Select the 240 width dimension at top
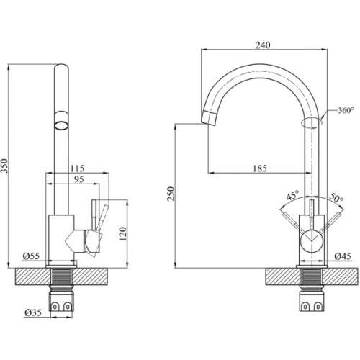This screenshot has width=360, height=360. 262,45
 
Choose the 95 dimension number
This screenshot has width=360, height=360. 78,180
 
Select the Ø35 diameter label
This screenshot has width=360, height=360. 33,312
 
